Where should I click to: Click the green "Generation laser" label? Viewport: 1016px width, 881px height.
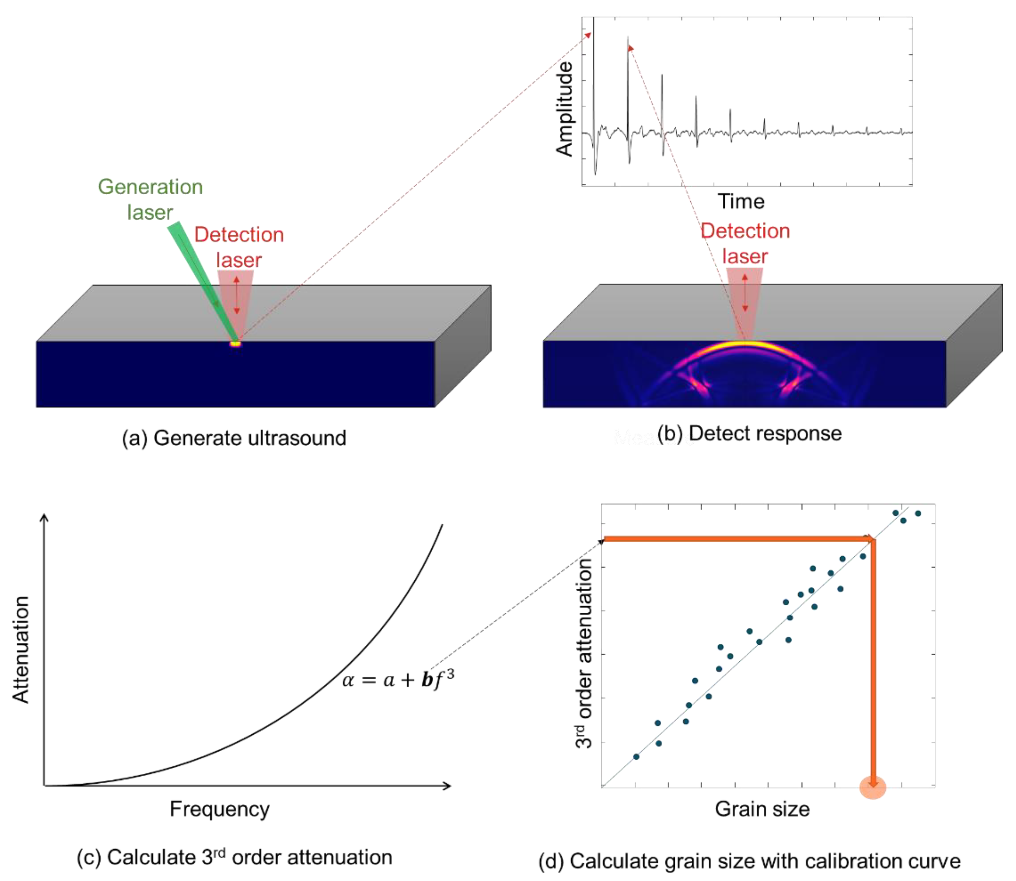[150, 199]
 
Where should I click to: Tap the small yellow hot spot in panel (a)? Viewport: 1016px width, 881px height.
[236, 344]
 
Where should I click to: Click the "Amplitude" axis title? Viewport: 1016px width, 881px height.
[565, 109]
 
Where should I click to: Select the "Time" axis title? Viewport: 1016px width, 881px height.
[741, 201]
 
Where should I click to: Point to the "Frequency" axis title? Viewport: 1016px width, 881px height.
[220, 809]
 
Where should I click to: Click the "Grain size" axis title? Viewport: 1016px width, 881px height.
[762, 809]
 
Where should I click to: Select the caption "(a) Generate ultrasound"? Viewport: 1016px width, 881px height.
[234, 438]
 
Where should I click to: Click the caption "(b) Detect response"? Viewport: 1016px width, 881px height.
[749, 433]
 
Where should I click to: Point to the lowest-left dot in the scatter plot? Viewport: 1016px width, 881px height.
[636, 756]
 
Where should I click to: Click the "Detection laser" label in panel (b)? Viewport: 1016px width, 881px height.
[745, 243]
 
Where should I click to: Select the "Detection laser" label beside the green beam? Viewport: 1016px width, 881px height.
[239, 247]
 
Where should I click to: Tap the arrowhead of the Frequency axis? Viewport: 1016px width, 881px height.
[448, 786]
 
